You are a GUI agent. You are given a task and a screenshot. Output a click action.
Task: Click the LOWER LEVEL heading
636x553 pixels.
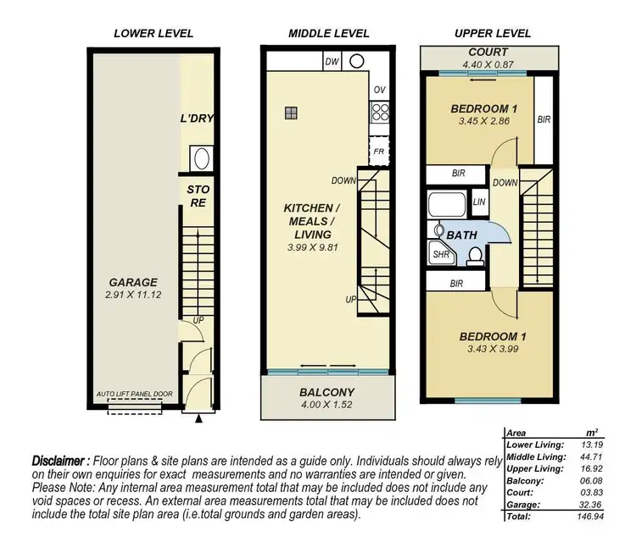(x=153, y=33)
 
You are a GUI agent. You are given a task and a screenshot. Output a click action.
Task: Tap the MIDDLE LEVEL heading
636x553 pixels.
(x=329, y=33)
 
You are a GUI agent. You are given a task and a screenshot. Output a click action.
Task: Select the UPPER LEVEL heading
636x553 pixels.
(x=493, y=33)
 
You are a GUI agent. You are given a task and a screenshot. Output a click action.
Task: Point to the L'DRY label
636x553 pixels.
(x=196, y=118)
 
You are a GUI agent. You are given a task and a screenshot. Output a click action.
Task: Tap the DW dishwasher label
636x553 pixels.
(x=333, y=62)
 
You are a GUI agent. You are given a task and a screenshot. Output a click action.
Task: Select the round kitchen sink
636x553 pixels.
(x=357, y=61)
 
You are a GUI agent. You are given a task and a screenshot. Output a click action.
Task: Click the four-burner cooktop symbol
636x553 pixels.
(x=378, y=113)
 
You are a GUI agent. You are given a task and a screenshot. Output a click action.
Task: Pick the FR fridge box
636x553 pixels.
(x=378, y=152)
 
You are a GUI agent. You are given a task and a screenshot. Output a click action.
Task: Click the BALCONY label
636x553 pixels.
(x=326, y=392)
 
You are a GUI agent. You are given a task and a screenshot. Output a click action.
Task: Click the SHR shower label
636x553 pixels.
(x=440, y=253)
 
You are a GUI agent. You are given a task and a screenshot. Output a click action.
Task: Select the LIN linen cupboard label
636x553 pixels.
(x=479, y=202)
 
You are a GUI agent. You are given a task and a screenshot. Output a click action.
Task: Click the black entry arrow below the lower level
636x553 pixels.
(x=199, y=418)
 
